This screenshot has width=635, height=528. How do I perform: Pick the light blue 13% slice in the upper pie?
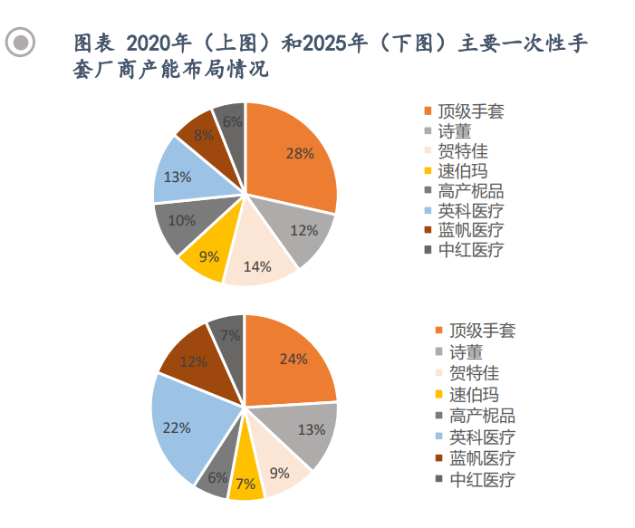pyautogui.click(x=178, y=176)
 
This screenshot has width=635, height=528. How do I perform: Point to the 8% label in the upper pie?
pyautogui.click(x=204, y=136)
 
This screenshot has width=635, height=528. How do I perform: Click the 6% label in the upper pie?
pyautogui.click(x=232, y=122)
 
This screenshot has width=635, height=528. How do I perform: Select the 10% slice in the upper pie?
pyautogui.click(x=182, y=221)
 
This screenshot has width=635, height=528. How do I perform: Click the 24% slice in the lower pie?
pyautogui.click(x=293, y=360)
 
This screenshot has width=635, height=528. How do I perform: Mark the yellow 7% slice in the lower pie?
pyautogui.click(x=245, y=482)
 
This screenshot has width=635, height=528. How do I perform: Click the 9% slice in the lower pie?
pyautogui.click(x=279, y=471)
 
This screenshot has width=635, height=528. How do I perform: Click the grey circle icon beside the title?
pyautogui.click(x=20, y=43)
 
